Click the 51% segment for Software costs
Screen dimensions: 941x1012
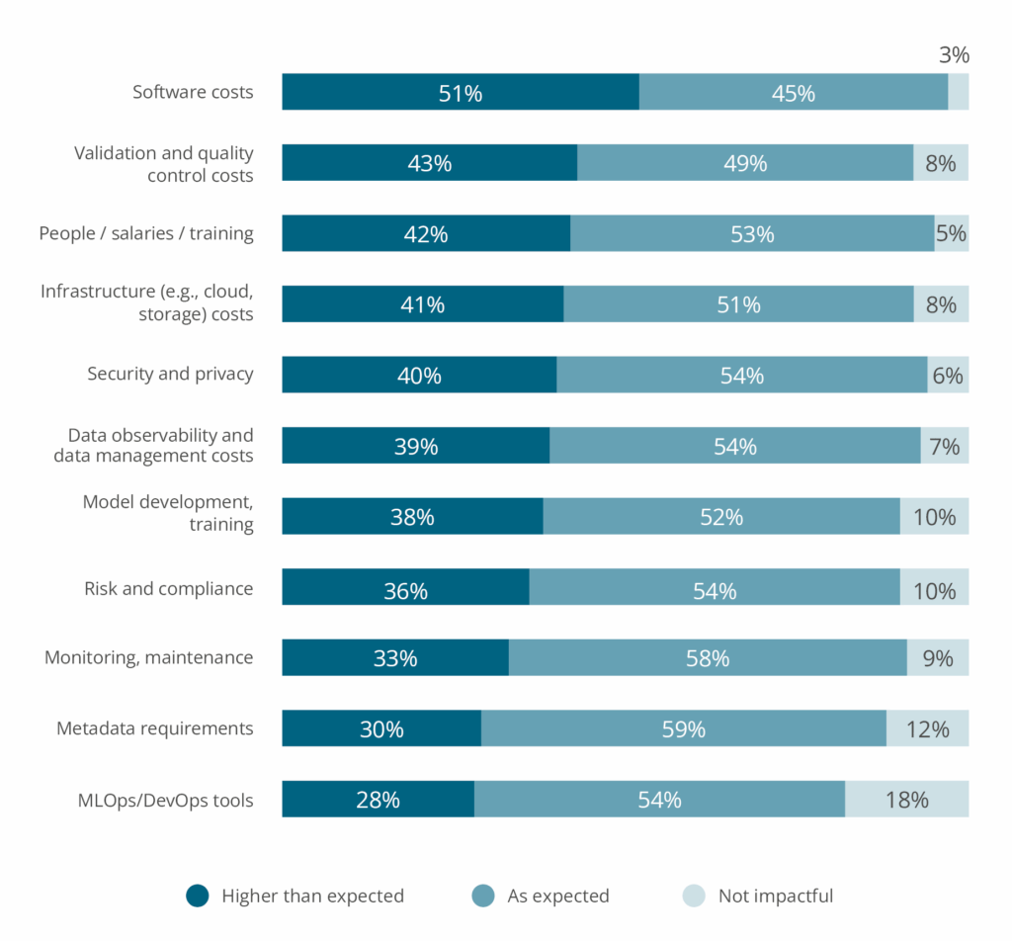click(x=461, y=92)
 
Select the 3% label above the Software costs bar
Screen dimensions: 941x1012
click(x=954, y=55)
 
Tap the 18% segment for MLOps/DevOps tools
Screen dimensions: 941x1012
click(x=906, y=799)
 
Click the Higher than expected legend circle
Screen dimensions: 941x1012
click(x=198, y=896)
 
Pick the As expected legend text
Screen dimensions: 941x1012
click(x=557, y=896)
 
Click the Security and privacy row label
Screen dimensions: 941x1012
click(x=170, y=374)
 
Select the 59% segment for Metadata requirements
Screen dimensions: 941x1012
click(x=683, y=728)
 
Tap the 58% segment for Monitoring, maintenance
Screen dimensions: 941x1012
click(x=708, y=657)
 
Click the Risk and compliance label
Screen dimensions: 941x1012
click(x=168, y=588)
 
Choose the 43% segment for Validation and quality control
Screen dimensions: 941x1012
click(x=429, y=163)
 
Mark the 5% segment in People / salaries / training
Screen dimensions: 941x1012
click(x=951, y=234)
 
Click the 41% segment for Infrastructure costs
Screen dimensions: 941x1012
click(x=422, y=304)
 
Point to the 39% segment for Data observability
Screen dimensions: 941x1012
click(x=415, y=446)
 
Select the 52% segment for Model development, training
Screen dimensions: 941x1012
click(x=720, y=516)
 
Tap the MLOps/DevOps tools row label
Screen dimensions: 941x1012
click(x=164, y=800)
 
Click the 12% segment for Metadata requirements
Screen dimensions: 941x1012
click(x=927, y=728)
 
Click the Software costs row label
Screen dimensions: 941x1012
click(x=193, y=92)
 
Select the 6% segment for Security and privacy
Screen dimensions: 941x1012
click(x=948, y=376)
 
